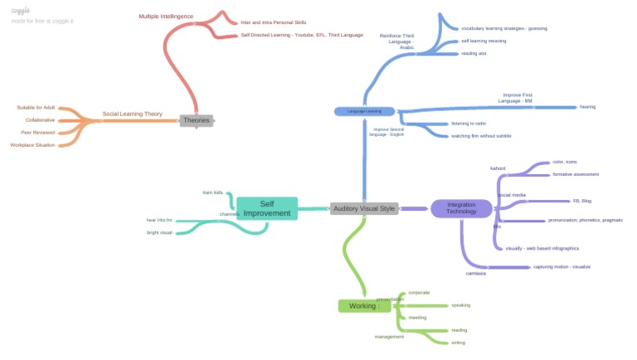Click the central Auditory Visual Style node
[363, 208]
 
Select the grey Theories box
[197, 120]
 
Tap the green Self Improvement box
[267, 208]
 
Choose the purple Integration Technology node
[461, 208]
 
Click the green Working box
[364, 306]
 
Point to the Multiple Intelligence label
[165, 17]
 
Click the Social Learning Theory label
[132, 114]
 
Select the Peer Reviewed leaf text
[40, 132]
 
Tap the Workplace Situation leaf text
[33, 144]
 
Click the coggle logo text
[21, 11]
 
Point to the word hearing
[587, 107]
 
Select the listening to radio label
[469, 124]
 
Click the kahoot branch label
[498, 168]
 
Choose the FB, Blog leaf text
[581, 201]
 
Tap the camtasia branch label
[475, 273]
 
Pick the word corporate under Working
[419, 293]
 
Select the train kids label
[213, 192]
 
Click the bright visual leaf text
[159, 232]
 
